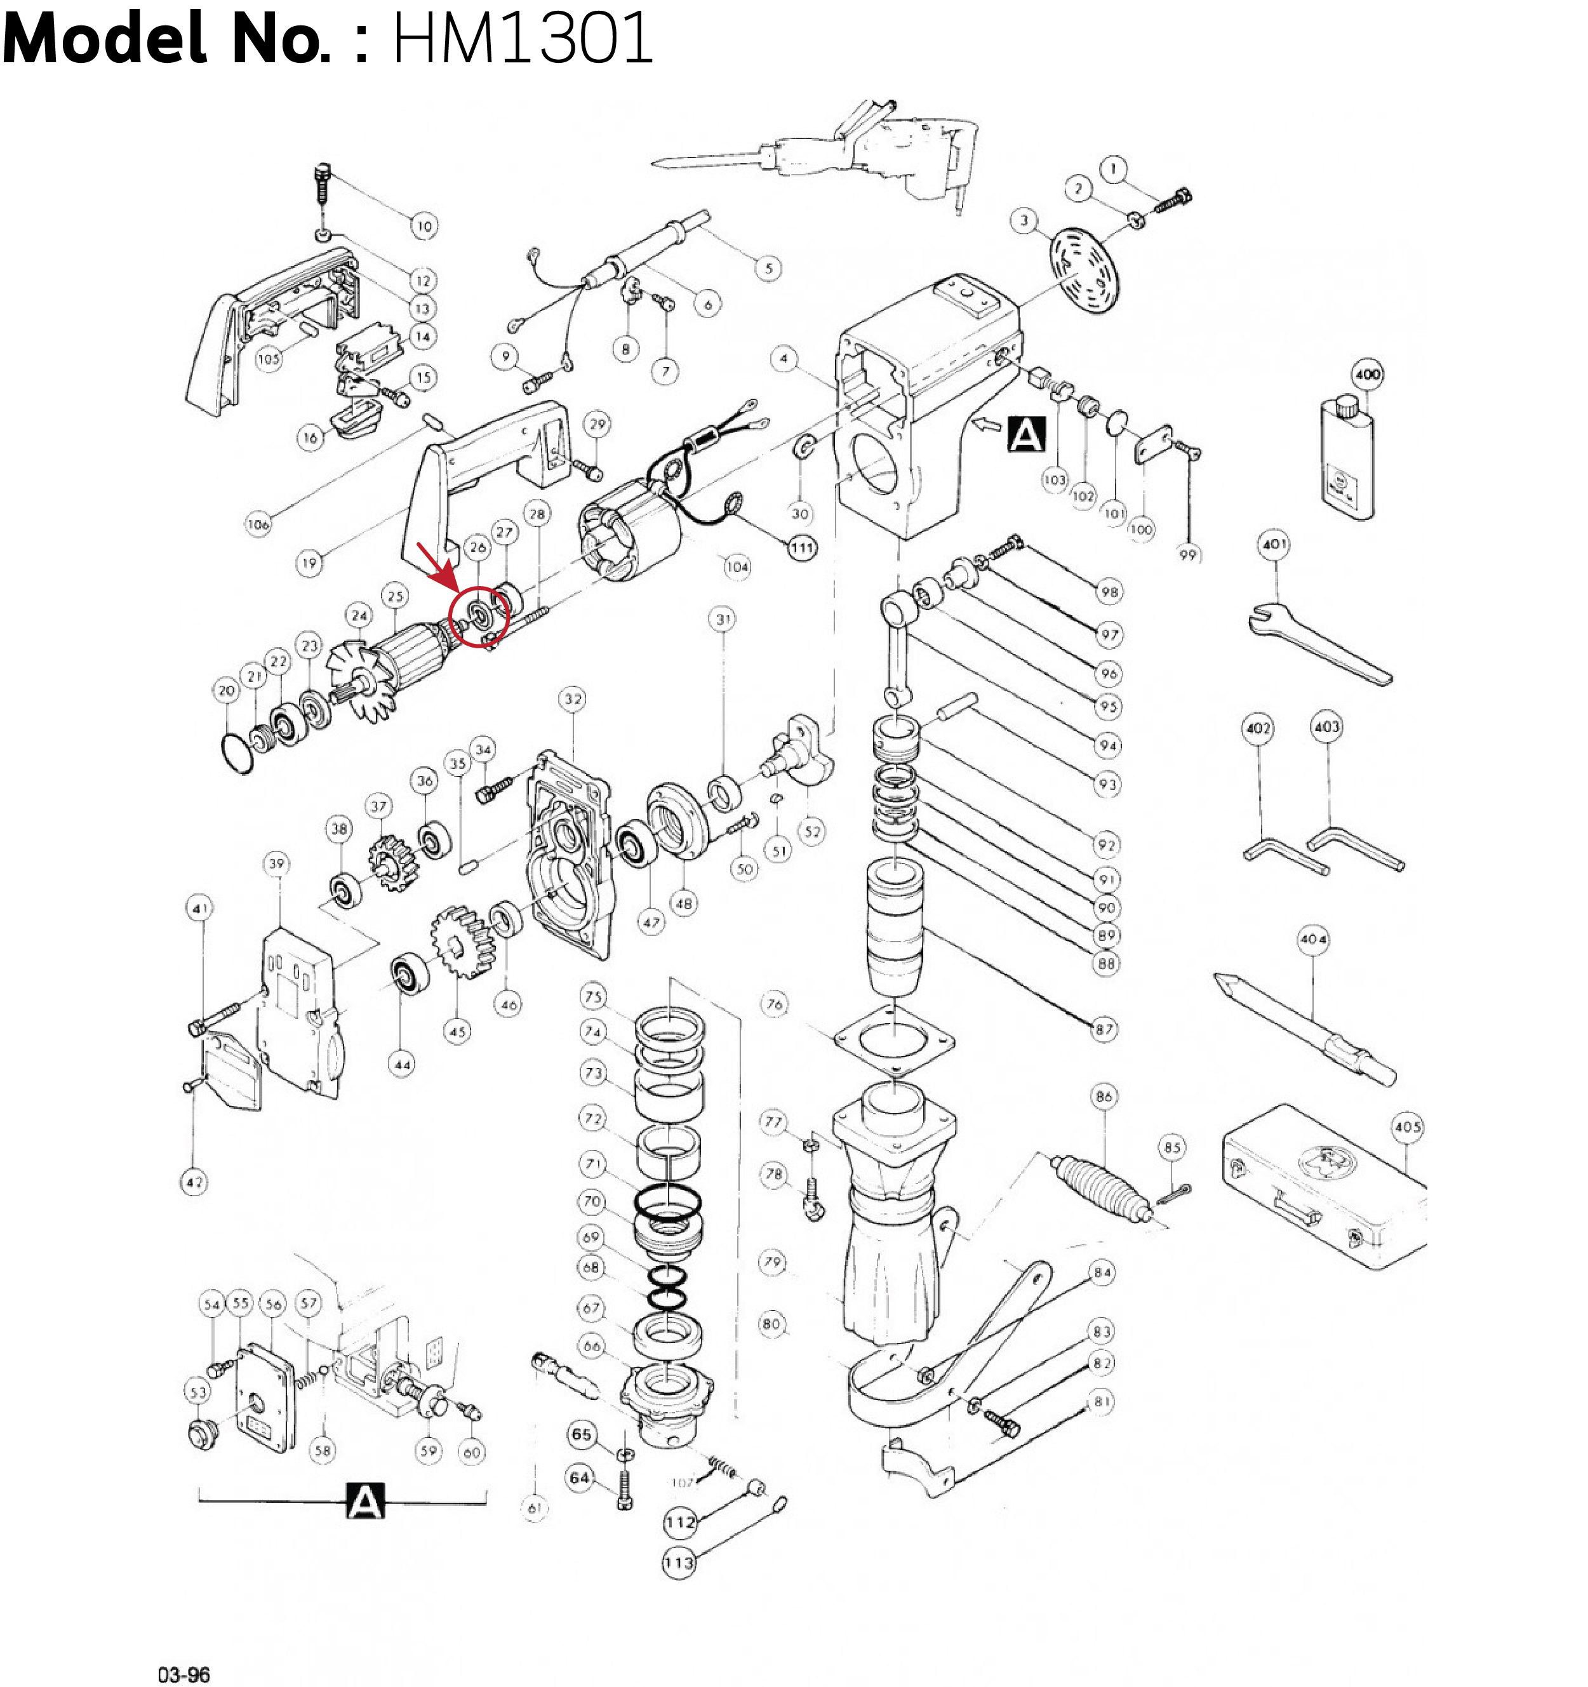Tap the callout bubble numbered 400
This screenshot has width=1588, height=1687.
[x=1367, y=374]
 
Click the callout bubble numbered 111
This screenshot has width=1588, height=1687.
[x=802, y=547]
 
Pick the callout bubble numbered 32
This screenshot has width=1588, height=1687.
[x=574, y=699]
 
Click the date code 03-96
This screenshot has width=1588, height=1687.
[x=184, y=1674]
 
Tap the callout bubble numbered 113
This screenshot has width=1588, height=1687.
[x=679, y=1563]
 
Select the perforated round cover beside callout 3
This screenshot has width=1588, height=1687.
[x=1086, y=270]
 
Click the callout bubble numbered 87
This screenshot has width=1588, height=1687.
[x=1104, y=1029]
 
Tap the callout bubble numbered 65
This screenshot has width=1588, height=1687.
[x=582, y=1434]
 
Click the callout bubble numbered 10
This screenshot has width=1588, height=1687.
[x=424, y=226]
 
